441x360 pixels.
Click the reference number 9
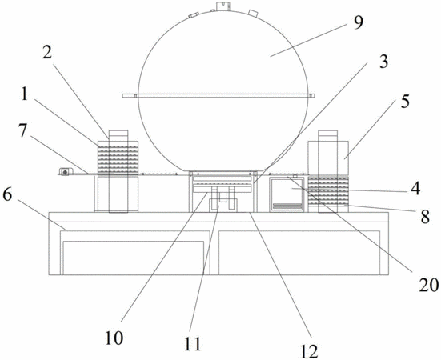(358, 22)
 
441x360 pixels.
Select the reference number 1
(25, 94)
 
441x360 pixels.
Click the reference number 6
(7, 194)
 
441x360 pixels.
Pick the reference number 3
(383, 61)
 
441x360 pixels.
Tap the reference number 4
(415, 188)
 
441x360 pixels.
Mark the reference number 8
(425, 216)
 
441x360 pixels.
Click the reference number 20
(429, 285)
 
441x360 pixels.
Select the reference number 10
(114, 338)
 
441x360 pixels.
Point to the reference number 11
(193, 343)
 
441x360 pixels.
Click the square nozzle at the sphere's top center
(223, 6)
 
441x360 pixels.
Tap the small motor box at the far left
(66, 171)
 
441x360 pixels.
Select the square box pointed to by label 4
(287, 194)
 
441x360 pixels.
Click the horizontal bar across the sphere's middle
(218, 95)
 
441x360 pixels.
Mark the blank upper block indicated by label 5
(328, 158)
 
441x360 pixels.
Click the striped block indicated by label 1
(118, 158)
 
